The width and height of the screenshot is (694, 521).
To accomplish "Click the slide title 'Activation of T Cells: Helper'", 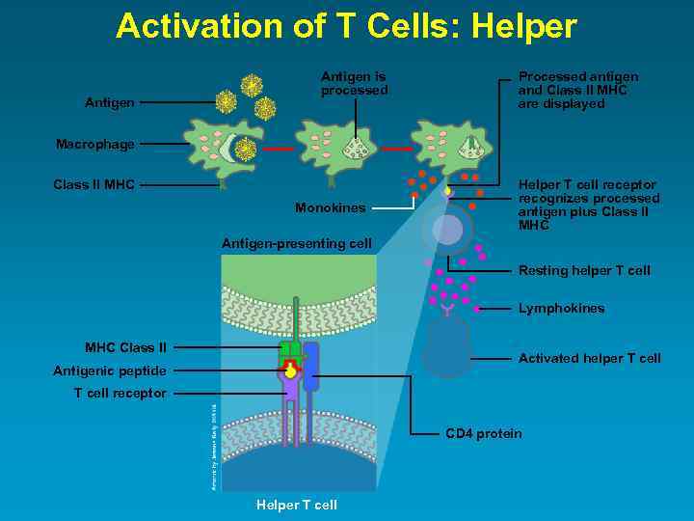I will point(346,26).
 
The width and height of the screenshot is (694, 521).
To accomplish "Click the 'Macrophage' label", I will point(94,145).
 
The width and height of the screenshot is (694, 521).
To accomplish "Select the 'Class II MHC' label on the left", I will point(93,184).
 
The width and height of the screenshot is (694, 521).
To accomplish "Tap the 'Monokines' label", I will point(330,207).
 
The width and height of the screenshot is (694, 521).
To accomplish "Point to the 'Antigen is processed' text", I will point(354,83).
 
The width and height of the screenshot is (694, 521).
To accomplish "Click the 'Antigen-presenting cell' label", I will point(297,243).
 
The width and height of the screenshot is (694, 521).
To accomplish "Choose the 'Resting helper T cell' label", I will point(584,270).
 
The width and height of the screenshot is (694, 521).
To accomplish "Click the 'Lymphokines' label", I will point(562,309).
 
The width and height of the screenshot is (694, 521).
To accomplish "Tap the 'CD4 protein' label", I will point(483,433).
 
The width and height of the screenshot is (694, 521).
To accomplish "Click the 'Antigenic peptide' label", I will point(111,370).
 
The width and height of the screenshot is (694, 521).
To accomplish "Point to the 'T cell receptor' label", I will point(120,393).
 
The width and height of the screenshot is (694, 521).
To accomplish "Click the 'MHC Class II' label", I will point(125,347).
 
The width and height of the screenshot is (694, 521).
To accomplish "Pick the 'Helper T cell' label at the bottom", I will point(297,505).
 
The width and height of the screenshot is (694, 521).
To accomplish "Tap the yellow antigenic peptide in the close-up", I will point(290,371).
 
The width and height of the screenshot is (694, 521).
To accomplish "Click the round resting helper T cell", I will point(447,230).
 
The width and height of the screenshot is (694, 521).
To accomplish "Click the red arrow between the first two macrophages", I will point(278,150).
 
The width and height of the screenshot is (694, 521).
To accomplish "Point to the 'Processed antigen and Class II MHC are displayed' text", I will point(577,90).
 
